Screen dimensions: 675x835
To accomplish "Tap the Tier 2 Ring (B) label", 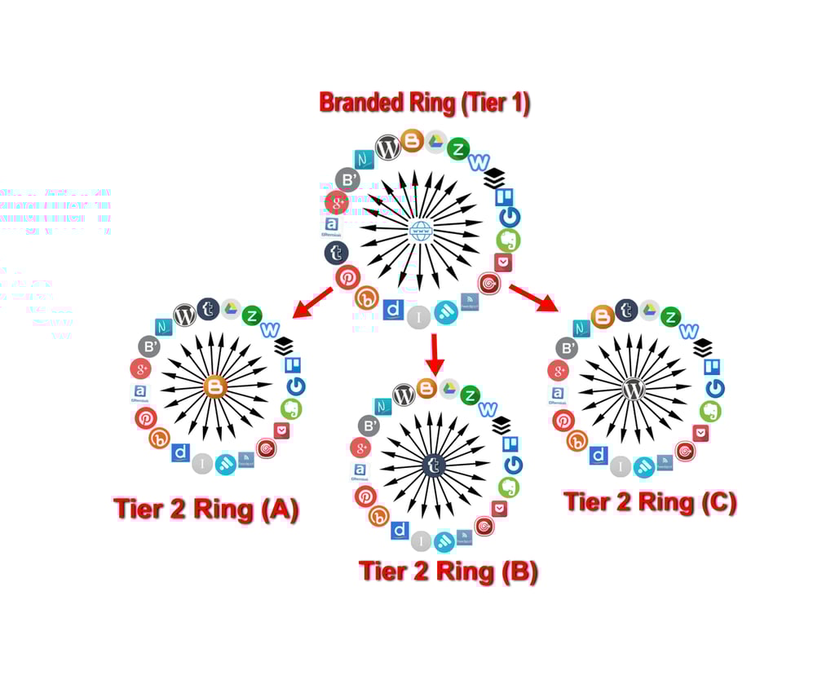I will pyautogui.click(x=448, y=571).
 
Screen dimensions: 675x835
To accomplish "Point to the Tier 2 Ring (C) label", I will pyautogui.click(x=650, y=501).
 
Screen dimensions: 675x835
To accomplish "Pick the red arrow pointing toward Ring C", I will pyautogui.click(x=534, y=298).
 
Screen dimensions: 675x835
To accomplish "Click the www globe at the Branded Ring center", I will pyautogui.click(x=421, y=231).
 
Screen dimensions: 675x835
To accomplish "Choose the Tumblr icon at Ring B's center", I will pyautogui.click(x=434, y=465).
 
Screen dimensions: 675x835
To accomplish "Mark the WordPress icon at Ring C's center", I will pyautogui.click(x=634, y=389).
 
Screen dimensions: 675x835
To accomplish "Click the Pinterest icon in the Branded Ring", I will pyautogui.click(x=347, y=277).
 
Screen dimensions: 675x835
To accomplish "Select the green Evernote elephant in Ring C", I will pyautogui.click(x=710, y=411).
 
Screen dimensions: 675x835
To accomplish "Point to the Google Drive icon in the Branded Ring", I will pyautogui.click(x=436, y=142).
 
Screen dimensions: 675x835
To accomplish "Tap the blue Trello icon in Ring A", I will pyautogui.click(x=291, y=364).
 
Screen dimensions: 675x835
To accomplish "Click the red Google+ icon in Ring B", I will pyautogui.click(x=360, y=447).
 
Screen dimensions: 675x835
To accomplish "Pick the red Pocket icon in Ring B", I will pyautogui.click(x=499, y=508).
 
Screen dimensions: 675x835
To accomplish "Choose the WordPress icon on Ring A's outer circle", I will pyautogui.click(x=185, y=314).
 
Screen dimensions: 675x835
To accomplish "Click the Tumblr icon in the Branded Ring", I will pyautogui.click(x=336, y=253).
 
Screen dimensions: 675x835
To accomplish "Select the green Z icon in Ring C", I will pyautogui.click(x=670, y=316).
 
